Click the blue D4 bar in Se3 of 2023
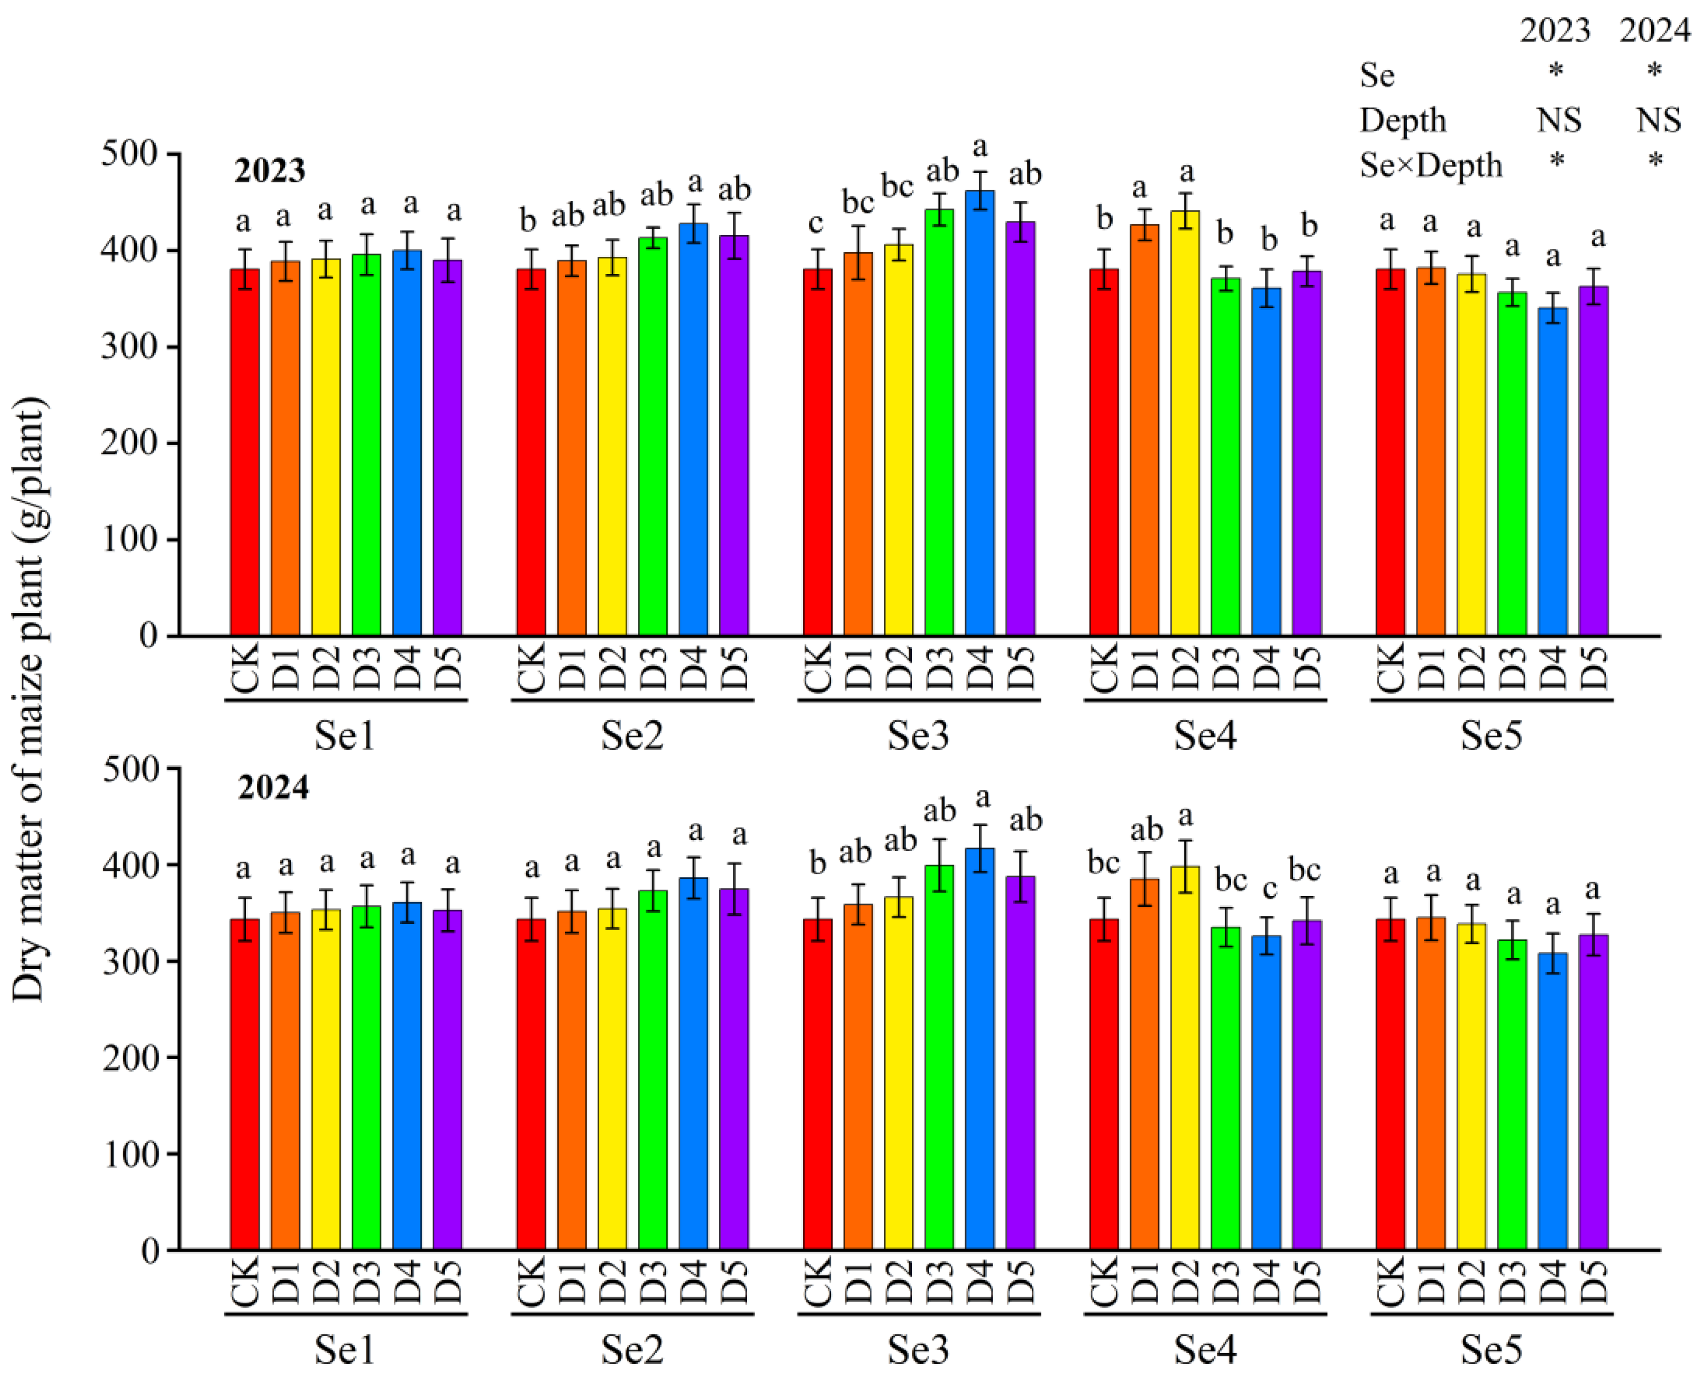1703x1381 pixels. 979,414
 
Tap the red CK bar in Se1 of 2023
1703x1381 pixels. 245,454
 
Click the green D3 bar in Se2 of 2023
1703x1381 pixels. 653,438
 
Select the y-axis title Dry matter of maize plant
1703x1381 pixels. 30,700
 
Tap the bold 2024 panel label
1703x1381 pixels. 273,788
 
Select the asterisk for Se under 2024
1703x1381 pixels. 1654,71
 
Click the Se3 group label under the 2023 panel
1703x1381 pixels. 918,736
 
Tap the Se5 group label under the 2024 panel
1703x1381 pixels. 1491,1350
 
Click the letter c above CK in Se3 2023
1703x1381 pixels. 816,224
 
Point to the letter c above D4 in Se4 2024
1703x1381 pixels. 1269,889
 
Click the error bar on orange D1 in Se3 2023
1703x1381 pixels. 858,253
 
